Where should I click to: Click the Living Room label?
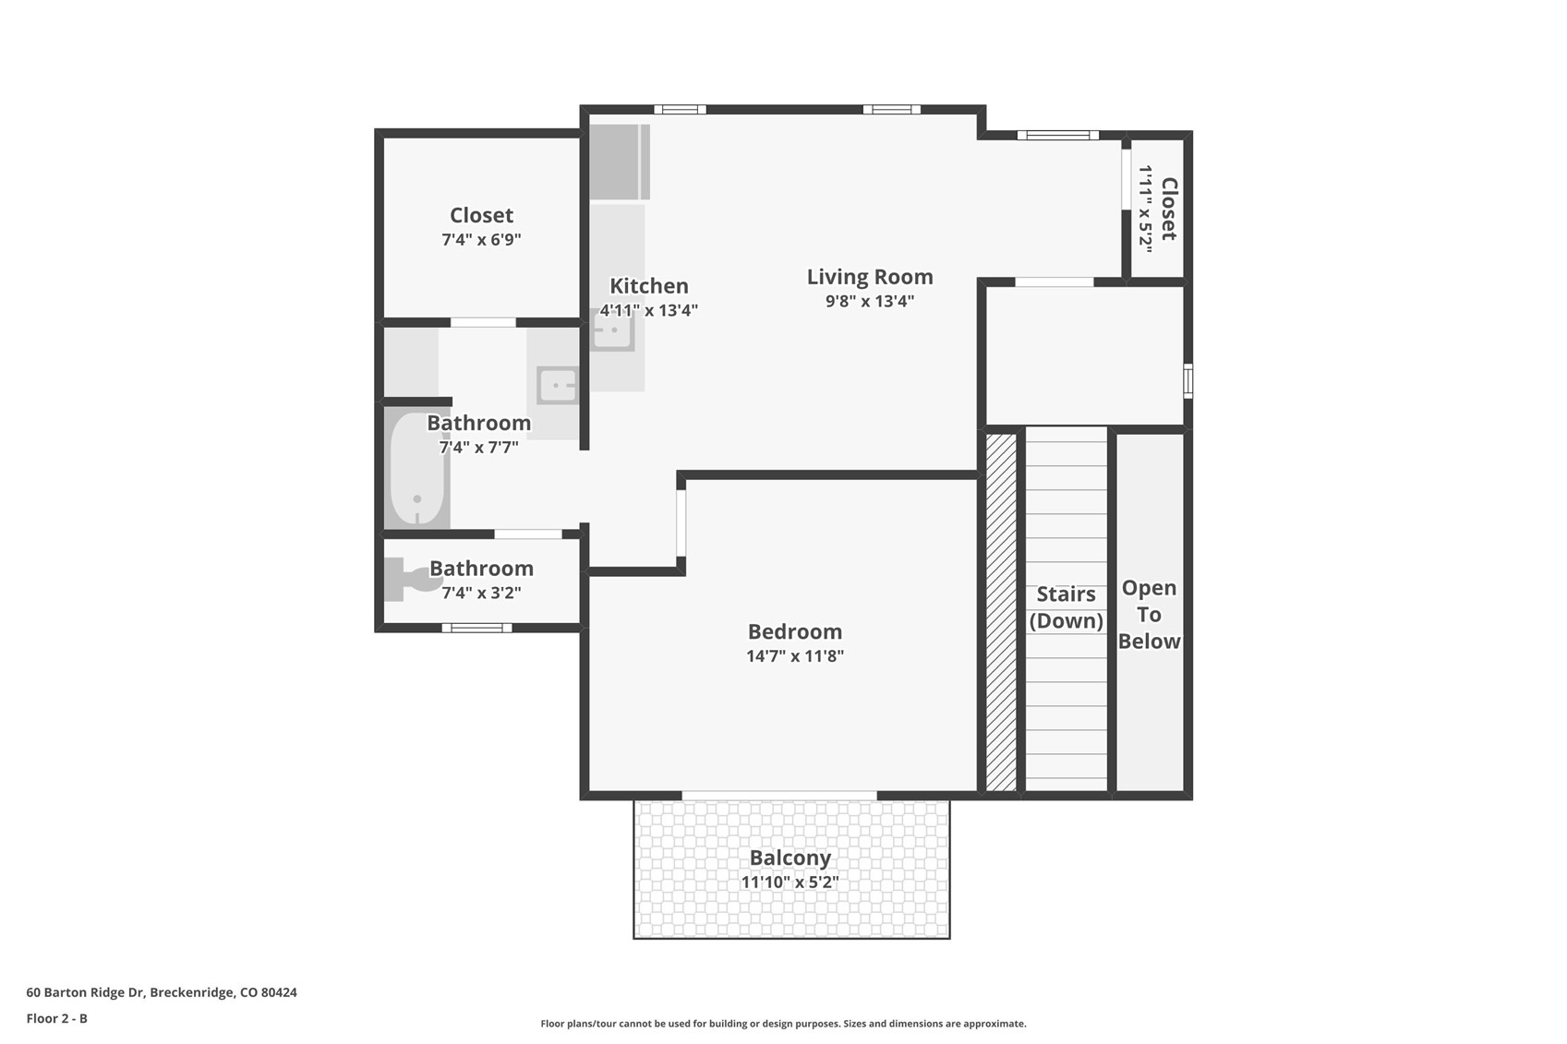[x=870, y=277]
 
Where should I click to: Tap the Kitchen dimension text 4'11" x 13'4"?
[x=648, y=311]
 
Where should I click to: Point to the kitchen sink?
[x=612, y=330]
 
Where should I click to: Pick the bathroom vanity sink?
[x=558, y=386]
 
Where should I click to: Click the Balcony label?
[x=790, y=858]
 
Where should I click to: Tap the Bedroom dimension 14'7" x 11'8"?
[x=795, y=656]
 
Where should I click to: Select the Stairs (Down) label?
[x=1067, y=606]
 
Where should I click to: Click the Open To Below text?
[x=1149, y=614]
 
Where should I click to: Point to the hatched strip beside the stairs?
[x=1001, y=611]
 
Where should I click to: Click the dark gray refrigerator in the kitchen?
[x=619, y=162]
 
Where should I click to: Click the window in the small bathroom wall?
[x=476, y=628]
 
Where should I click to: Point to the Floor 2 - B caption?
[x=57, y=1018]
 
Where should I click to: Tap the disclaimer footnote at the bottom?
[x=783, y=1023]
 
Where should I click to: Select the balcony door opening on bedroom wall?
[x=779, y=796]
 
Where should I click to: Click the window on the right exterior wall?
[x=1188, y=381]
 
